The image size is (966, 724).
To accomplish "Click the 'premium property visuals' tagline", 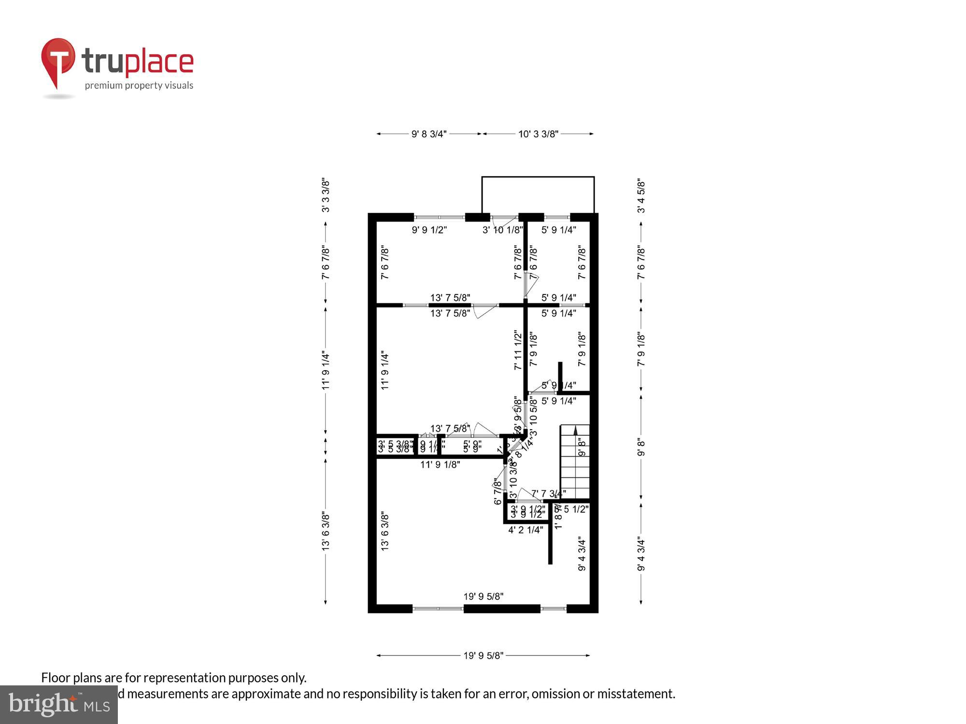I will (139, 86).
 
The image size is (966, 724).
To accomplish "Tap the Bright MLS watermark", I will (59, 705).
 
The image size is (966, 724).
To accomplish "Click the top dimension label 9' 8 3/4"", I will (429, 134).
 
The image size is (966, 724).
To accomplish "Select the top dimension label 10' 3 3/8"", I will (538, 134).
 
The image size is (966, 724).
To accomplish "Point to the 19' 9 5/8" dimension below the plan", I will (483, 655).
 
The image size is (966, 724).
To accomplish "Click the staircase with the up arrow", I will (575, 461).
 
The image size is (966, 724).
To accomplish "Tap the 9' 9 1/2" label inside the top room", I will (429, 230).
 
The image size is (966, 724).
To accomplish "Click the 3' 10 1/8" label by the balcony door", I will (502, 230).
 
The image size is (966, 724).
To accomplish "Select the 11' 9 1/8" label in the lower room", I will (440, 465).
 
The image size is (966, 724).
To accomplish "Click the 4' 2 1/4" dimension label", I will (526, 530).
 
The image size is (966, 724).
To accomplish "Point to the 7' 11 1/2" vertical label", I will (518, 350).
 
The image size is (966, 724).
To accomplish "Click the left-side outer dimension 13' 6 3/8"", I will (326, 531).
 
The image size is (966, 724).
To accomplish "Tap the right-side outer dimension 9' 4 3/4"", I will (641, 554).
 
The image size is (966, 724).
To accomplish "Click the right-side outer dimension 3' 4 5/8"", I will (641, 196).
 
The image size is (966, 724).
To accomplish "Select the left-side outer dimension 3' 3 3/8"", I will (326, 195).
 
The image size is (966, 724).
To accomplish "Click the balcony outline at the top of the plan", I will (538, 177).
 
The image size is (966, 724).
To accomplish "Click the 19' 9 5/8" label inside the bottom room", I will (483, 597).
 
